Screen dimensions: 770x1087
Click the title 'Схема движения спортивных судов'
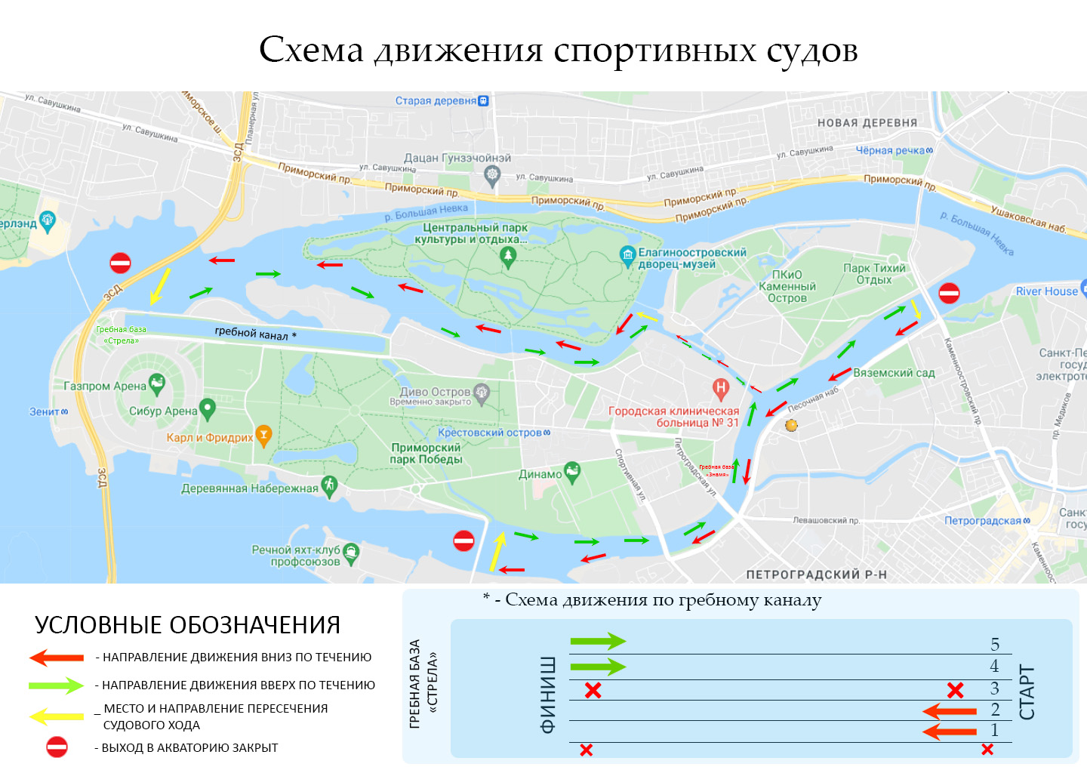[558, 50]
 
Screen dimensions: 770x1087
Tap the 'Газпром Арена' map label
[104, 386]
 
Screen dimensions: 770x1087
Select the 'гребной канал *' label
[255, 333]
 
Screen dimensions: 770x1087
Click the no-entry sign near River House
[949, 293]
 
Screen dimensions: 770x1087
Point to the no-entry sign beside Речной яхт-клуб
[463, 541]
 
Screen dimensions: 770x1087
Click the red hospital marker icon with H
[721, 388]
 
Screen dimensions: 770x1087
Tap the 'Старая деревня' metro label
[436, 100]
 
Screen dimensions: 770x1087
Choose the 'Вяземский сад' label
[894, 373]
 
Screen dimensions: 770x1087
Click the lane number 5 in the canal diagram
[995, 644]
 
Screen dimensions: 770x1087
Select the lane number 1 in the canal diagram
[995, 730]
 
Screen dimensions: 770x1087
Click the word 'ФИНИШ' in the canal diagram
[548, 695]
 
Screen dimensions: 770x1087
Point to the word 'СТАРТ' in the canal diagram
[1027, 692]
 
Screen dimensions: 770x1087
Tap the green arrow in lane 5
[598, 642]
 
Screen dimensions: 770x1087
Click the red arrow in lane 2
[950, 711]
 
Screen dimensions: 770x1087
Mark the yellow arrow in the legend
[57, 716]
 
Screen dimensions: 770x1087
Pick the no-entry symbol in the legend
[57, 747]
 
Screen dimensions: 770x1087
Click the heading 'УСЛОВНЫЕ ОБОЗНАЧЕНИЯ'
[187, 625]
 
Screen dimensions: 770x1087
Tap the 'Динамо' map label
[540, 474]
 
